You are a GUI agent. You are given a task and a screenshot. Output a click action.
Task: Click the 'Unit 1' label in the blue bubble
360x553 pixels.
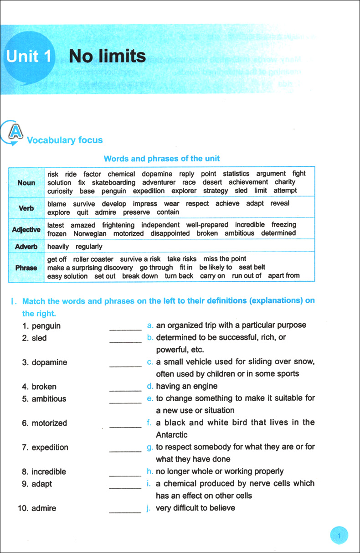(x=28, y=57)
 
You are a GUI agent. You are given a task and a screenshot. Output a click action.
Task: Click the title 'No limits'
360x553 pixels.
(x=107, y=57)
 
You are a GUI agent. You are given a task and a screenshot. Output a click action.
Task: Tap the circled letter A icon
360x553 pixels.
(x=14, y=132)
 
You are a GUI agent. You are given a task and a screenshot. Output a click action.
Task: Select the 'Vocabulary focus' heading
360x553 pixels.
(x=65, y=140)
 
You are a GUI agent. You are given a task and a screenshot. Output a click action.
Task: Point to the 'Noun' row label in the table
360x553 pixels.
(x=26, y=182)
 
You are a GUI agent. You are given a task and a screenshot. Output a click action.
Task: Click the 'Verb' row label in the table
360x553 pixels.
(x=26, y=208)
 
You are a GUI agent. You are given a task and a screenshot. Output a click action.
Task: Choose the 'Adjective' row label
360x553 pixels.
(x=26, y=229)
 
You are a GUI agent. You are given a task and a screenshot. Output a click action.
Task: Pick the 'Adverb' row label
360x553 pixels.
(x=26, y=246)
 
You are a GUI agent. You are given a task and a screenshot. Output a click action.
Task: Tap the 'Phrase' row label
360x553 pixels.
(x=26, y=268)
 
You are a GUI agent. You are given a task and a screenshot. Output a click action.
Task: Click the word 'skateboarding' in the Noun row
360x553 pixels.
(x=113, y=182)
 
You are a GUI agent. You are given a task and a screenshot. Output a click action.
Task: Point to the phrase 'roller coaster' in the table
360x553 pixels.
(x=93, y=259)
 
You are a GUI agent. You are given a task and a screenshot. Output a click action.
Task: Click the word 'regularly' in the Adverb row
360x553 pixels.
(x=89, y=247)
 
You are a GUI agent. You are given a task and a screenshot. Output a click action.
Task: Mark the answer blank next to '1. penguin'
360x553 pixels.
(x=125, y=327)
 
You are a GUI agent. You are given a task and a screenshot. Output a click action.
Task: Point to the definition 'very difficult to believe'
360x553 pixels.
(x=195, y=507)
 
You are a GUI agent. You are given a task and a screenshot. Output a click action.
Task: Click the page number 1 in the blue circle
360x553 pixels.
(x=339, y=536)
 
